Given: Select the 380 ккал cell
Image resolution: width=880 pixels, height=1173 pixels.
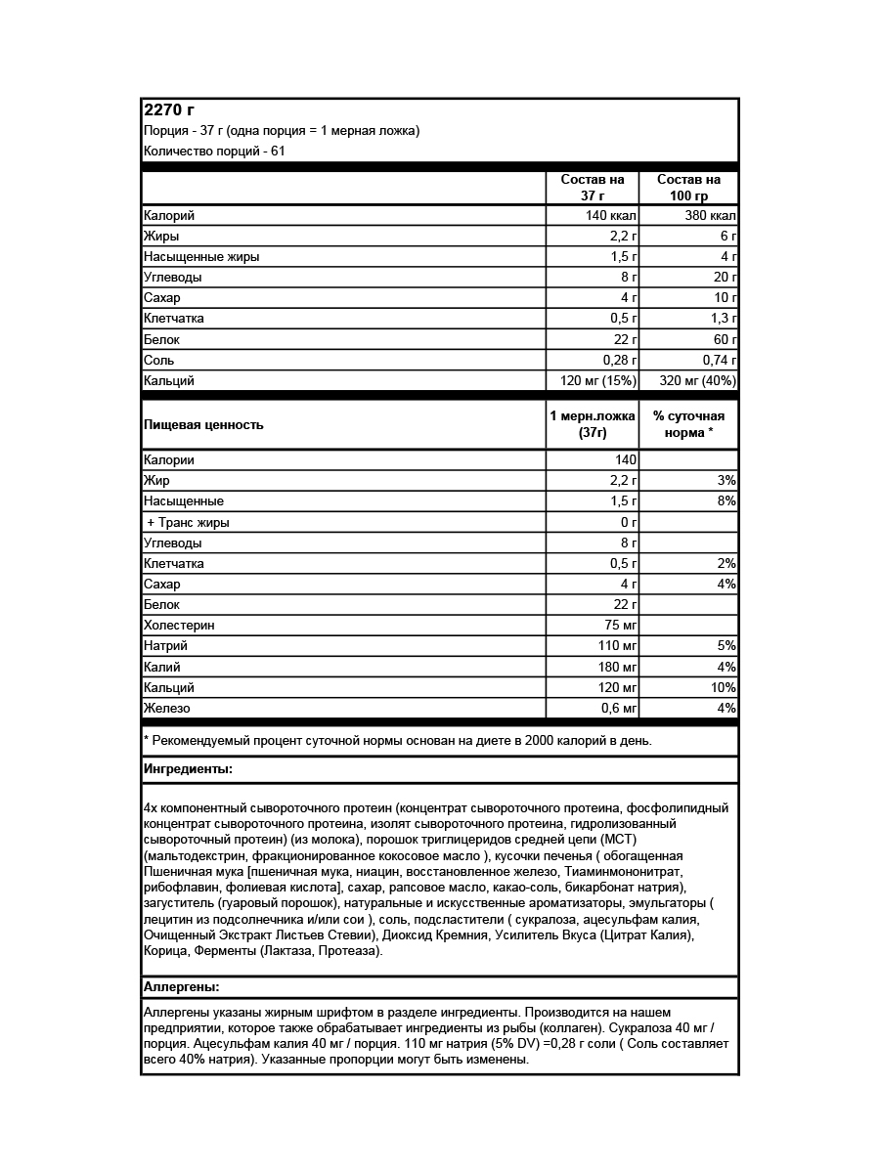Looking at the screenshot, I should coord(710,216).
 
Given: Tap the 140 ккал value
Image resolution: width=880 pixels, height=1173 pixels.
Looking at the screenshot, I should coord(612,216).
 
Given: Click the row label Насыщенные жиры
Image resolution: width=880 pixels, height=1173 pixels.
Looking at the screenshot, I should coord(201,257).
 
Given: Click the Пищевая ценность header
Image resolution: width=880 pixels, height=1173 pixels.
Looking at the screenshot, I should coord(203,425).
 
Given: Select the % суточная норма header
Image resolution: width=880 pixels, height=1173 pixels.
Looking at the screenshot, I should coord(688,424).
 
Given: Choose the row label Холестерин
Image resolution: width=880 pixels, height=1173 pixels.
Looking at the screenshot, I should coord(179,625).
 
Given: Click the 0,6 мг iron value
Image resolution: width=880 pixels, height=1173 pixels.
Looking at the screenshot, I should coord(618,708).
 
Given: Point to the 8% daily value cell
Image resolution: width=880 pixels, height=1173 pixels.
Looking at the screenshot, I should coord(726,500).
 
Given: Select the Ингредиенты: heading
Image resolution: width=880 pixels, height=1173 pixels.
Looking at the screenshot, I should coord(188,769).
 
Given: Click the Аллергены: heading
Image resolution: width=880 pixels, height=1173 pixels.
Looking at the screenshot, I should coord(182,987).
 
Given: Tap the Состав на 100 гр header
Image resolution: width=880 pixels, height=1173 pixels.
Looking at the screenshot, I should coord(688,188).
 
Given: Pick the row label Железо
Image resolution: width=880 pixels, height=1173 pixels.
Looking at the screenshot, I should coord(167,708).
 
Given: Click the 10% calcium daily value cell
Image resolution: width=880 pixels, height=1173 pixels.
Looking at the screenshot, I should coord(723,687).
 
